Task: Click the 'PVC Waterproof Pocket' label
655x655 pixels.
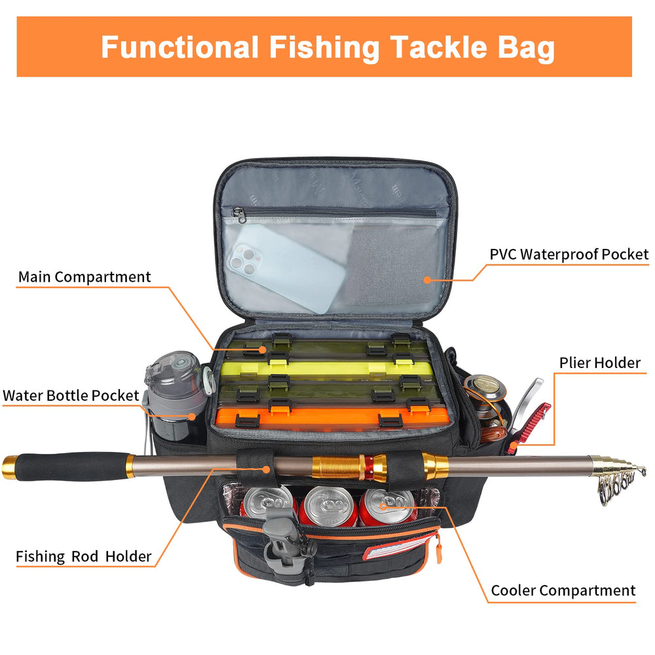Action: point(569,254)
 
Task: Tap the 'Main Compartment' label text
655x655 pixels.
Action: point(84,277)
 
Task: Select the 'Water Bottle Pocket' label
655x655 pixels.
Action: point(71,395)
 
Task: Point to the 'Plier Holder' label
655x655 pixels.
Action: point(600,363)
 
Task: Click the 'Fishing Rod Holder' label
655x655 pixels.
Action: point(84,556)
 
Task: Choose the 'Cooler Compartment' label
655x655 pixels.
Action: point(563,591)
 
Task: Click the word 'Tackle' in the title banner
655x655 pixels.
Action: point(438,47)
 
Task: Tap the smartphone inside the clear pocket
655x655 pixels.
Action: point(286,268)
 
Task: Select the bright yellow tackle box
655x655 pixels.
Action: point(326,367)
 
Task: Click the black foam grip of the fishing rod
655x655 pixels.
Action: point(70,466)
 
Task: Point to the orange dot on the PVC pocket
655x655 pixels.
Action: point(427,280)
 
